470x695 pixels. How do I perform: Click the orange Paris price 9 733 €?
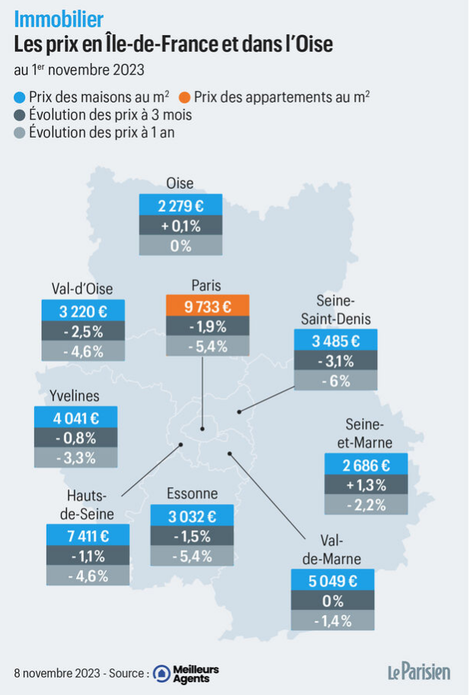[207, 305]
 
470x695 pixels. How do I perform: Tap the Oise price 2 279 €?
[181, 205]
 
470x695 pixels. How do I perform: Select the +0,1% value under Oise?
[181, 225]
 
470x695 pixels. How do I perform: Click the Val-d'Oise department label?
[82, 289]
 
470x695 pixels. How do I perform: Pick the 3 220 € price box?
[83, 311]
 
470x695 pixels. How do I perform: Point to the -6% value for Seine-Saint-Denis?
[336, 381]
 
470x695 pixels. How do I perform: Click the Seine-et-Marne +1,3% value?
[366, 484]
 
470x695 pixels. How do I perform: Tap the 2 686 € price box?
[366, 464]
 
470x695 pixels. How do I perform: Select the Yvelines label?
[75, 395]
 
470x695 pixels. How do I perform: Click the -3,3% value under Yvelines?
[76, 457]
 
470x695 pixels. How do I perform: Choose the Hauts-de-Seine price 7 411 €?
[88, 535]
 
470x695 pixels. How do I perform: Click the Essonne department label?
[192, 493]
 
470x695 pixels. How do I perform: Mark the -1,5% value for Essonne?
[192, 536]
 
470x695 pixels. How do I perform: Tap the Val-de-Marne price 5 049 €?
[333, 580]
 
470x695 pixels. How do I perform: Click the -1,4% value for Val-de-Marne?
[333, 620]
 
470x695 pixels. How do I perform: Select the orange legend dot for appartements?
[185, 97]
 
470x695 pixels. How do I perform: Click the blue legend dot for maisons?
[20, 97]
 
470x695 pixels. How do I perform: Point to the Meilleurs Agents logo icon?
[161, 674]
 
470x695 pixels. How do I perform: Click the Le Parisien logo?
[419, 672]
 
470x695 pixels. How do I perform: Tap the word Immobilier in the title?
[59, 19]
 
